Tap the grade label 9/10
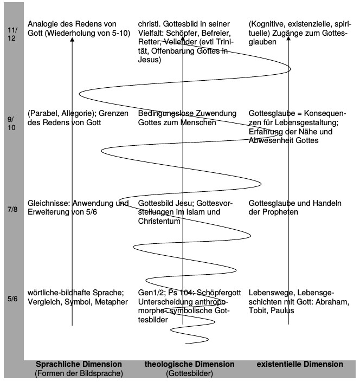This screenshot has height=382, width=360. coord(12,123)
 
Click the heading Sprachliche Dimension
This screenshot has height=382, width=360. coord(79,364)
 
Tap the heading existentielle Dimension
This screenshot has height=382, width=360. coord(300,364)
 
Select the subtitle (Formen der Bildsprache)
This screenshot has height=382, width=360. coord(78,373)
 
